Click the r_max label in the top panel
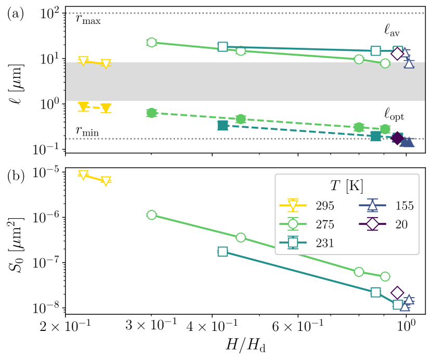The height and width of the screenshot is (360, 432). click(88, 21)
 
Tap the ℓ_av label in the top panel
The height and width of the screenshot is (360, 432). click(392, 31)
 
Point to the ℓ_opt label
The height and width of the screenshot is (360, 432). click(394, 114)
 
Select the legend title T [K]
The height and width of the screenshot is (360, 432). click(347, 186)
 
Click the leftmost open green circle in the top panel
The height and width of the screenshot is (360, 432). click(151, 43)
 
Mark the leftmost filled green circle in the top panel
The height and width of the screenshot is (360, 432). click(151, 113)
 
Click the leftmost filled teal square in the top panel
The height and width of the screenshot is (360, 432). click(222, 126)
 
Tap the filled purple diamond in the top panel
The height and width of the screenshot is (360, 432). click(397, 138)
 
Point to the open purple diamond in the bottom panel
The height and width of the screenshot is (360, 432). click(397, 293)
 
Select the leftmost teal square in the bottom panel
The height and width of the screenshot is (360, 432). click(222, 251)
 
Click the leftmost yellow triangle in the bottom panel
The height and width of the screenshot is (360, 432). click(83, 175)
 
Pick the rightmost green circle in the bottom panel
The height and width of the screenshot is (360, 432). click(385, 276)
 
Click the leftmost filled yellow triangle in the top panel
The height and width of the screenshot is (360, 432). click(83, 106)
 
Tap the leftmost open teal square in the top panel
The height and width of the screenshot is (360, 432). click(222, 47)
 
